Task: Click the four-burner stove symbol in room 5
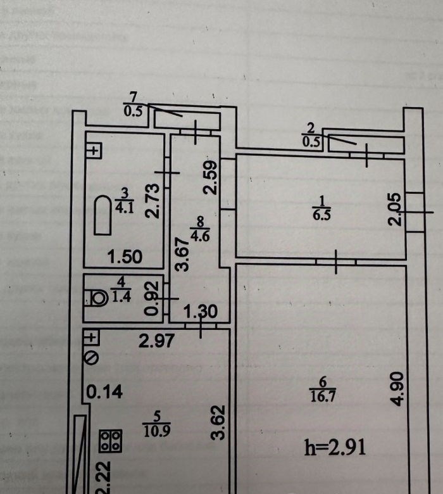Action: point(110,440)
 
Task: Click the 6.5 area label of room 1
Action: point(322,215)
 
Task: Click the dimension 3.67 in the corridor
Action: point(183,253)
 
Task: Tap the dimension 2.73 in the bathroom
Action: point(152,201)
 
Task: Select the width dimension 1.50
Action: point(124,258)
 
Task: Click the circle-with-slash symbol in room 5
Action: point(92,358)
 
